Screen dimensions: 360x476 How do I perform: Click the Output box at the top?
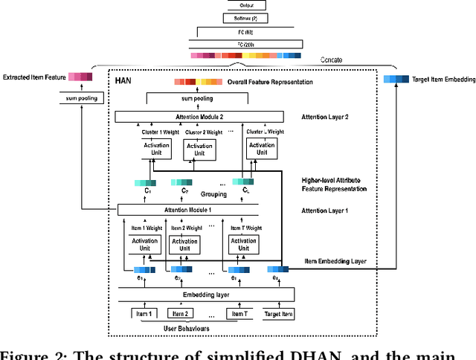(247, 4)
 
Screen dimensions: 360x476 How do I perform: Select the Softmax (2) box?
(247, 18)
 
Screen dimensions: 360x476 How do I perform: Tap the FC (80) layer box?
(247, 32)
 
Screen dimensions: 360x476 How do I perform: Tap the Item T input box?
(238, 314)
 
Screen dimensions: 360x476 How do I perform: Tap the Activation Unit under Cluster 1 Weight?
(156, 149)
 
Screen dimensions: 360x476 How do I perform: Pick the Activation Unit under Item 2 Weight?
(184, 245)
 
